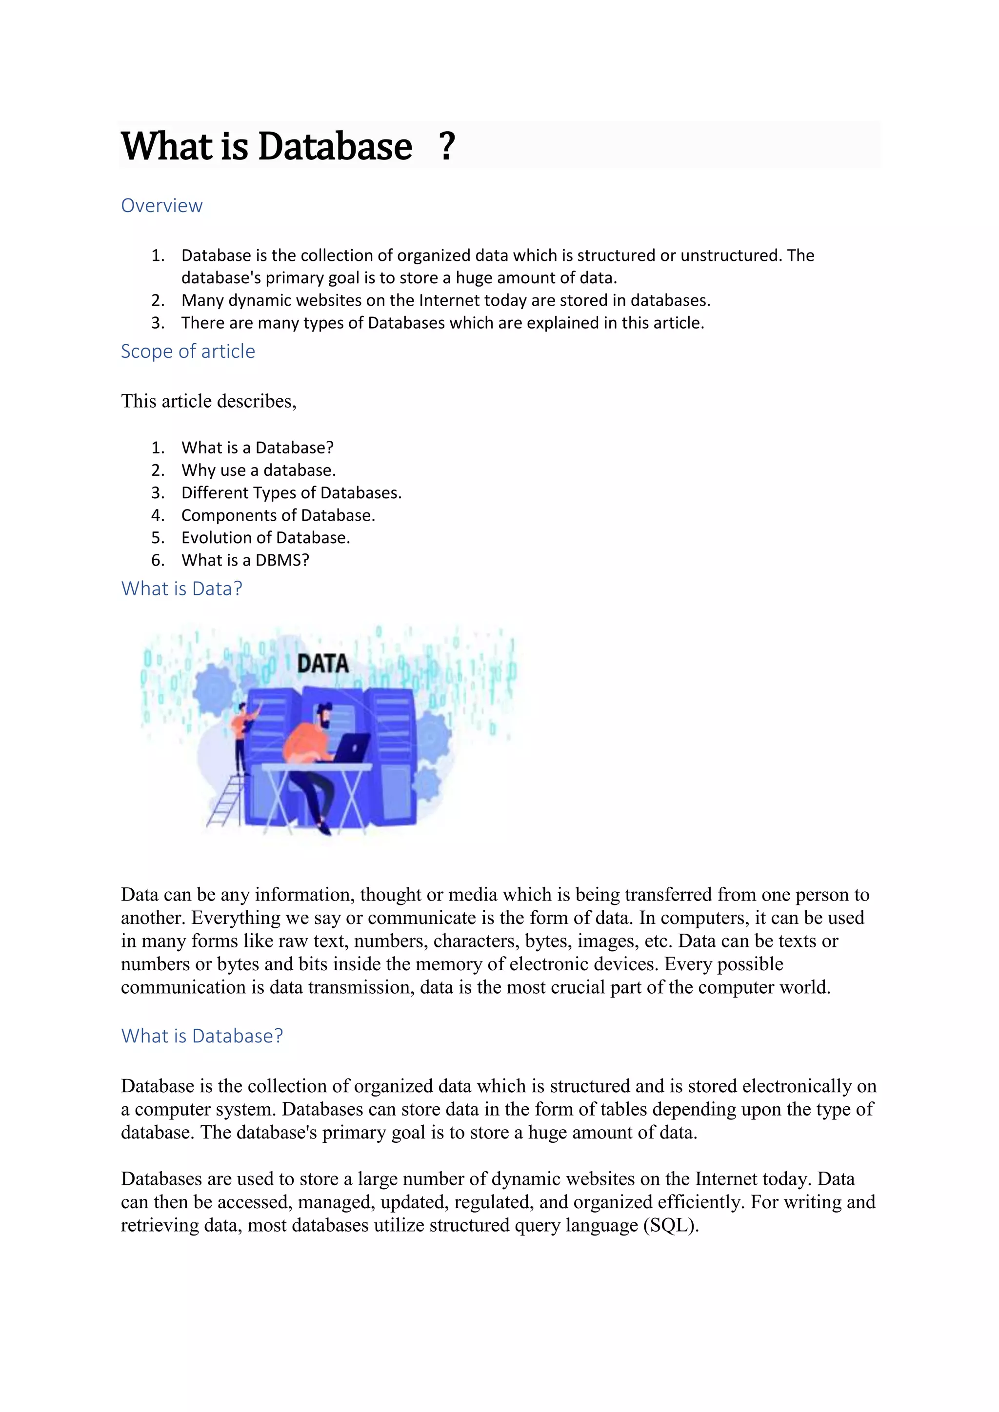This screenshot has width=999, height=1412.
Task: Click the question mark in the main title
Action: [447, 146]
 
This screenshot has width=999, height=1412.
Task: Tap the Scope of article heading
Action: [188, 351]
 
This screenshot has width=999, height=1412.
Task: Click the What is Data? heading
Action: [181, 588]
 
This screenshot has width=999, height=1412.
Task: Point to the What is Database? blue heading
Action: [202, 1036]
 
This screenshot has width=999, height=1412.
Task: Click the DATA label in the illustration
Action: [323, 664]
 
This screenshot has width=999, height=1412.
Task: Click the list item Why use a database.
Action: [259, 471]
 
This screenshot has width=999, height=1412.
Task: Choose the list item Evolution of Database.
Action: [265, 538]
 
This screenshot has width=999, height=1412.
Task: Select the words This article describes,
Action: [209, 401]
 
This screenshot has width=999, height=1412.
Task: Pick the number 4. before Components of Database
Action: [158, 515]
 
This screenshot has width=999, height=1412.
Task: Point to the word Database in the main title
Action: [335, 146]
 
